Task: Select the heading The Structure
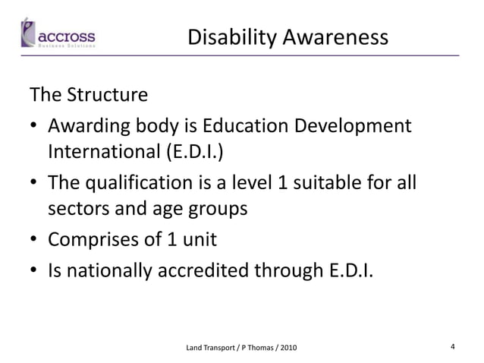tap(88, 96)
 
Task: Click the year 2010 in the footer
tap(288, 347)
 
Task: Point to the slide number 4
tap(452, 346)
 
